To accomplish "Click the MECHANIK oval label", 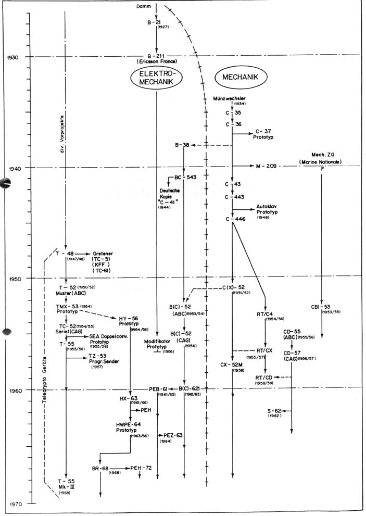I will point(241,77).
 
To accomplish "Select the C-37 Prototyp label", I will point(264,135).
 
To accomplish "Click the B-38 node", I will point(182,145).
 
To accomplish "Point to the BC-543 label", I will point(186,178).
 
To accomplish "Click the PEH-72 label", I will point(141,469).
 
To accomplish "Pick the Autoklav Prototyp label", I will point(269,210).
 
